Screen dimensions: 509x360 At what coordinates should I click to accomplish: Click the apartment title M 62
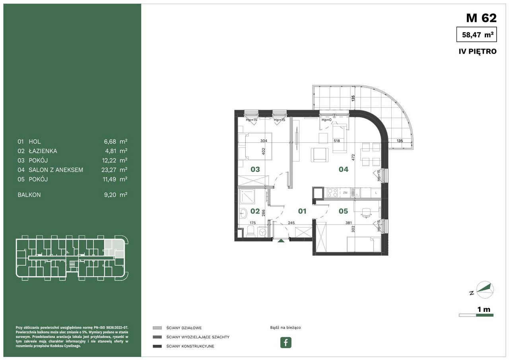481,18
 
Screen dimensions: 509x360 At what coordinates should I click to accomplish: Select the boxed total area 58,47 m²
476,35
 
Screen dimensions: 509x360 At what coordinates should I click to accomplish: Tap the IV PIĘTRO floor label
478,51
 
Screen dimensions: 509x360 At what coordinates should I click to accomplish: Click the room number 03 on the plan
255,169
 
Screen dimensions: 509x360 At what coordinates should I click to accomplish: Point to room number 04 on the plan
343,169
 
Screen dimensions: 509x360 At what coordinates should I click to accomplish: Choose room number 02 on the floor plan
255,211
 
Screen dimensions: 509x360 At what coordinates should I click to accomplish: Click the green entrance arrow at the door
281,241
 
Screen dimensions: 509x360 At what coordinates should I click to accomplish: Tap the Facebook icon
286,342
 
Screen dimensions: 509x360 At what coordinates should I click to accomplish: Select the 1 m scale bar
476,315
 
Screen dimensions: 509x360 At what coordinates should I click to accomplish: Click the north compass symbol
485,290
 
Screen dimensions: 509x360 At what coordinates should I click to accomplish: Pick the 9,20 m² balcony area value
116,195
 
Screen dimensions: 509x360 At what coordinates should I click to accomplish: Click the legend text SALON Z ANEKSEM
56,170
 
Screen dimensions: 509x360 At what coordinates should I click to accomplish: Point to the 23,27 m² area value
114,170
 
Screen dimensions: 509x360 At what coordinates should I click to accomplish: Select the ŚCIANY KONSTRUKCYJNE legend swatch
157,346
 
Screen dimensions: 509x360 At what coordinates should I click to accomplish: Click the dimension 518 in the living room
337,141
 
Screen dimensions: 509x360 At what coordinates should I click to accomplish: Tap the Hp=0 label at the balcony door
326,120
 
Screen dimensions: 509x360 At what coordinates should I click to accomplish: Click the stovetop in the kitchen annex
332,193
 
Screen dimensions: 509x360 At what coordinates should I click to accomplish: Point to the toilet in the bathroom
251,231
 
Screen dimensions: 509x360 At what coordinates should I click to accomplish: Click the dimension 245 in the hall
291,223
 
